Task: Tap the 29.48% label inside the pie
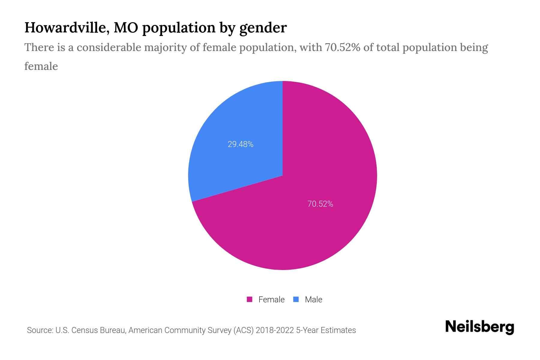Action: point(241,145)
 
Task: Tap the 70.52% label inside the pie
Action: point(320,204)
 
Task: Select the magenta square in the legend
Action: point(250,299)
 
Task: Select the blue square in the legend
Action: point(296,299)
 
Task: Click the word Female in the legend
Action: point(271,299)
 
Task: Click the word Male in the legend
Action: point(313,299)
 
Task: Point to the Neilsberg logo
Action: point(479,327)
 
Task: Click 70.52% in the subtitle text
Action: point(342,47)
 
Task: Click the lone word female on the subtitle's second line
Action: point(41,66)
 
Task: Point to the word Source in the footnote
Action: point(39,330)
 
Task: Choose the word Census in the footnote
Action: point(85,330)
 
